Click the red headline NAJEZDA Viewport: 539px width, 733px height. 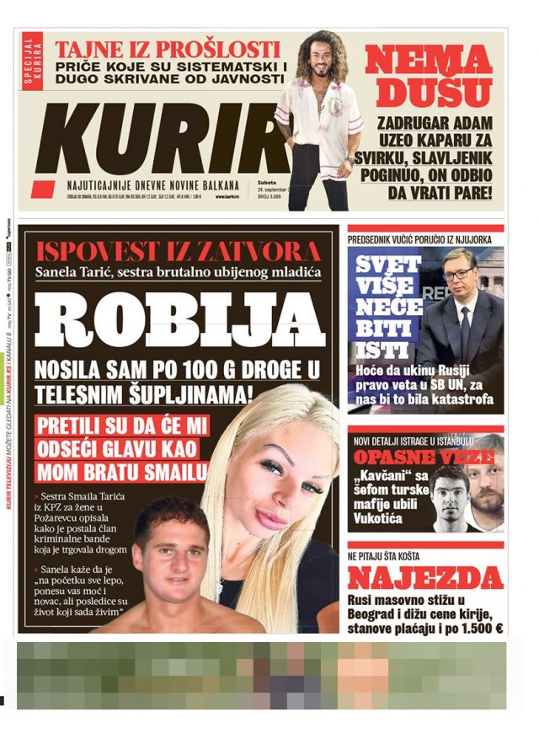pyautogui.click(x=425, y=579)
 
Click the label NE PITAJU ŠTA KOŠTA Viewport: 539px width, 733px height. pyautogui.click(x=395, y=557)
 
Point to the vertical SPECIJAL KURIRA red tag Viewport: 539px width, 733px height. pyautogui.click(x=33, y=61)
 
